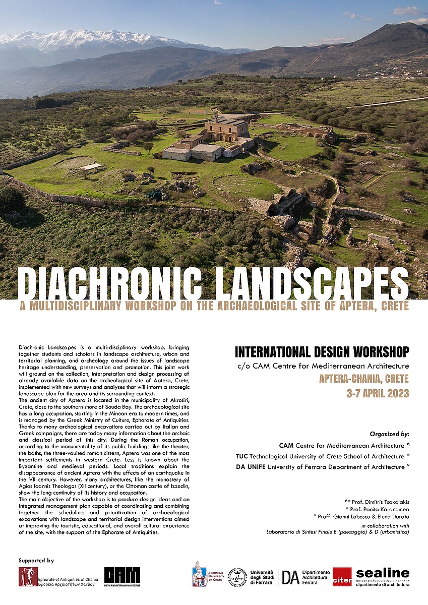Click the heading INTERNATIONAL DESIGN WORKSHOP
tap(322, 351)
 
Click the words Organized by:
tap(389, 434)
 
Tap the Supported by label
tap(36, 561)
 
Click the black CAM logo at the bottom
tap(122, 576)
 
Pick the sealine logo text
tap(382, 573)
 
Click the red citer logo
tap(342, 577)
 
